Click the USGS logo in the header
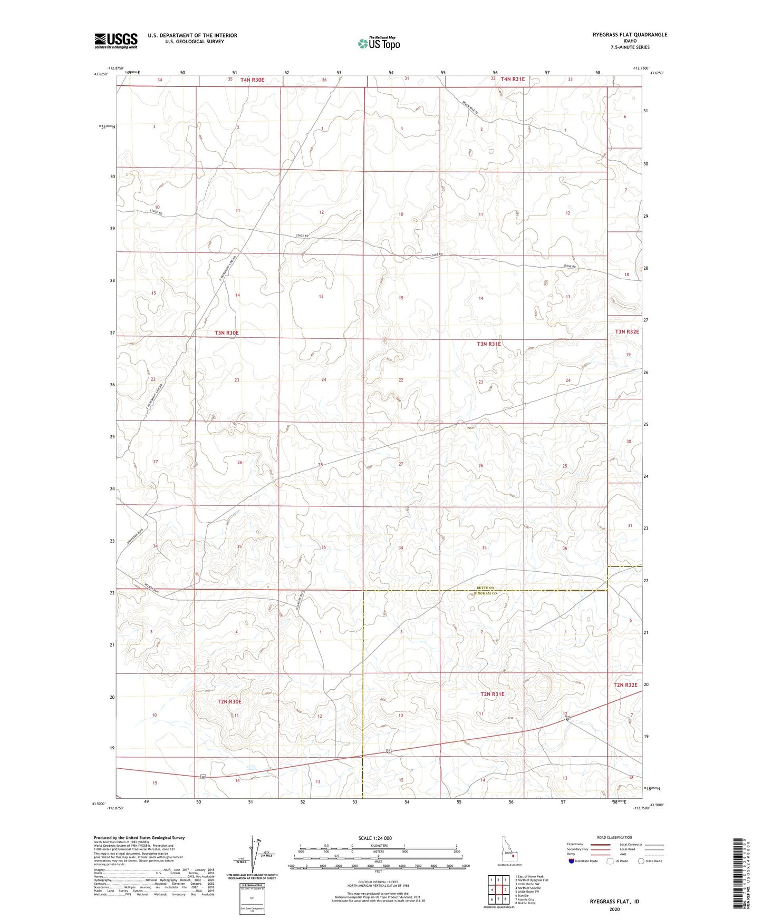click(x=116, y=41)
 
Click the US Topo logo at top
click(x=379, y=43)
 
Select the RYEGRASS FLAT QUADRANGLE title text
click(x=630, y=35)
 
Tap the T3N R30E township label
click(x=227, y=333)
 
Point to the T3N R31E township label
click(x=489, y=344)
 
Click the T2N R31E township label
click(x=492, y=694)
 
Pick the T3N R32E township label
click(x=626, y=332)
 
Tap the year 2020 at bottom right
click(x=614, y=909)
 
